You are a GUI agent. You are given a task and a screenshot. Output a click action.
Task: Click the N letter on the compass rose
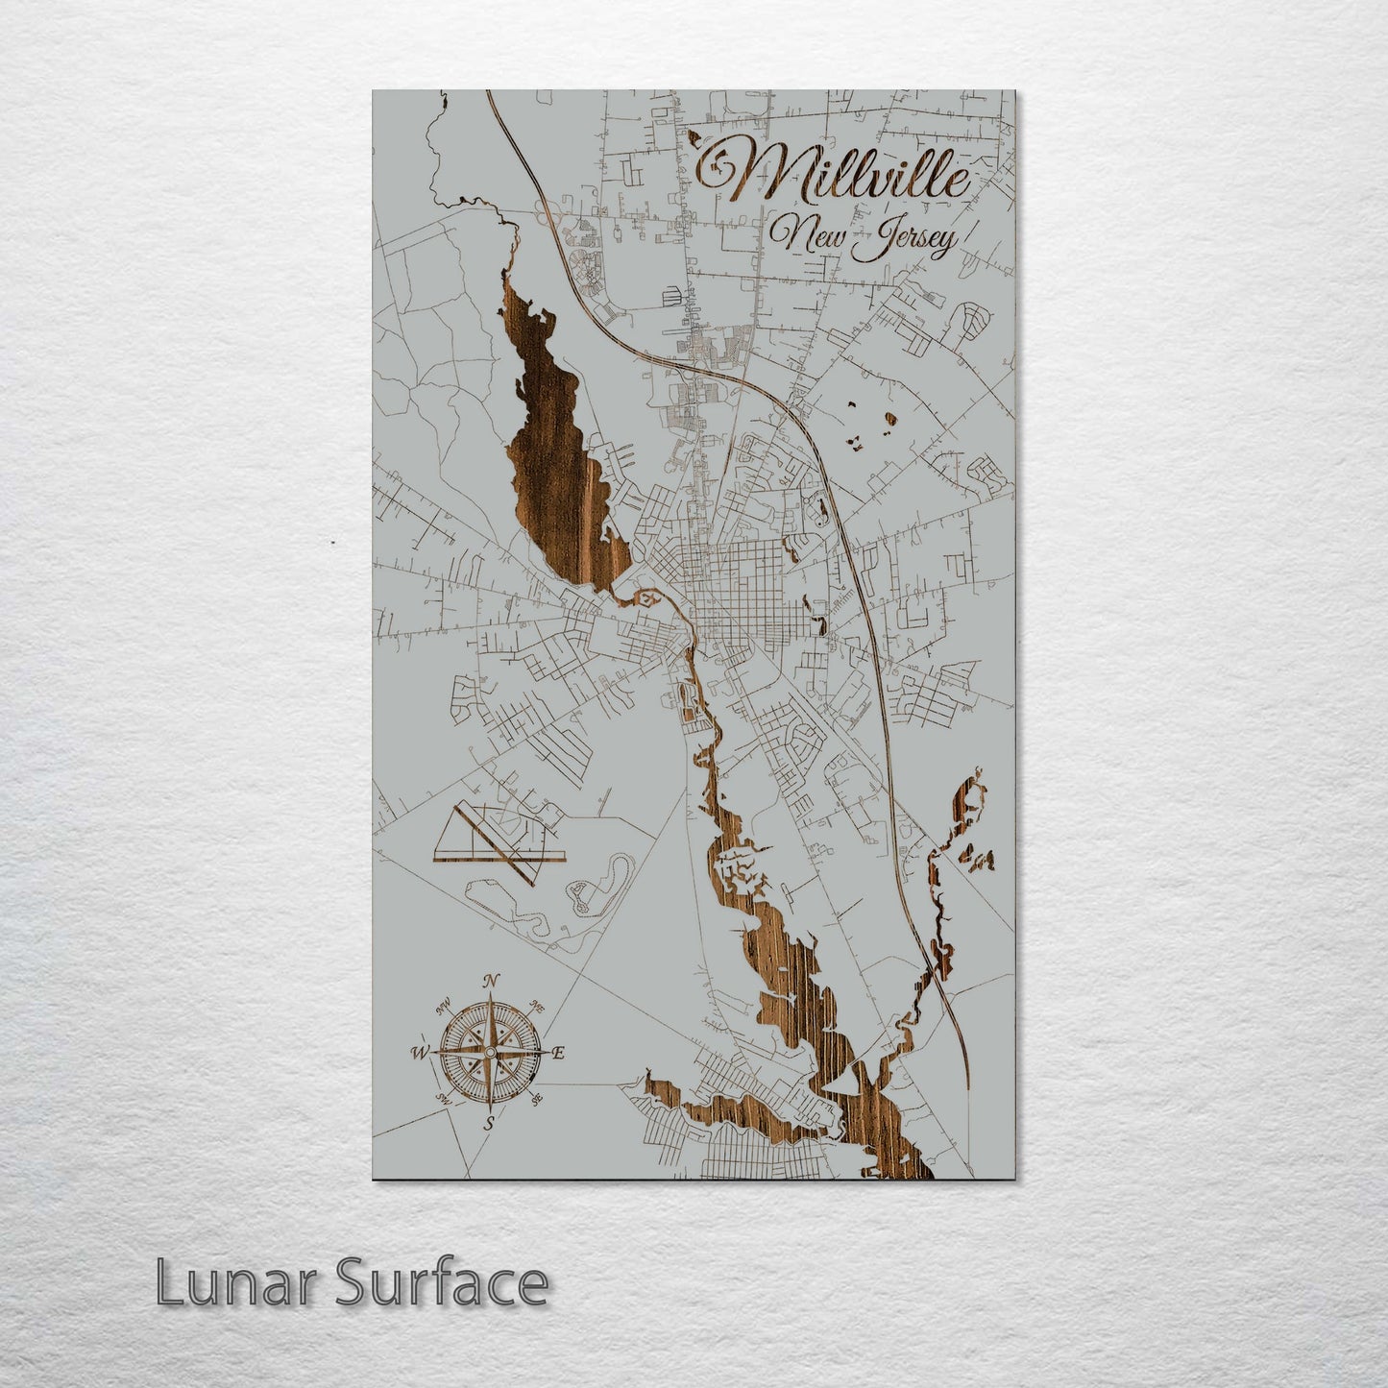(491, 981)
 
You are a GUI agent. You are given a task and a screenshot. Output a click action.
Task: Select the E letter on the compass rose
(558, 1054)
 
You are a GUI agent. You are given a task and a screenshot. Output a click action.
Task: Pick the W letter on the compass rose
(420, 1052)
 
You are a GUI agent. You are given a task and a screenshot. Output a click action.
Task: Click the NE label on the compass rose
(538, 1008)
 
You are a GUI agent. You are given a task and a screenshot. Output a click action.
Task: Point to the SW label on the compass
(443, 1098)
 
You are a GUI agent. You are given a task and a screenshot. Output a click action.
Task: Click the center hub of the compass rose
(490, 1053)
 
